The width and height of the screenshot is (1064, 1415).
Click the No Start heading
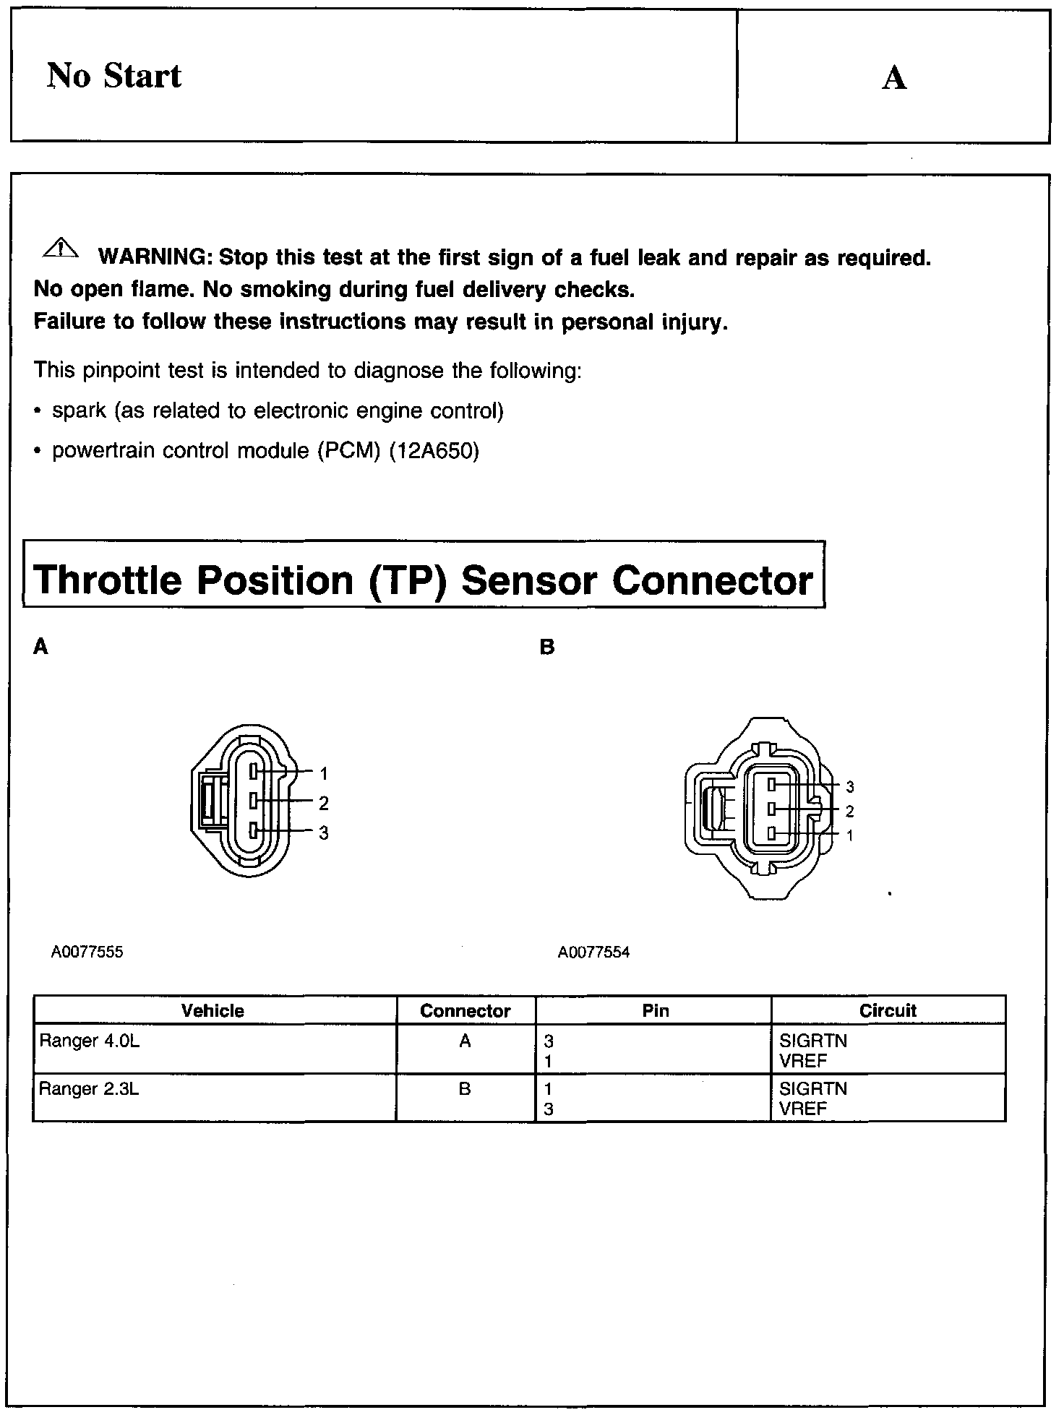click(x=114, y=76)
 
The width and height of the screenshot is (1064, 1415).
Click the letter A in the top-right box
click(x=894, y=78)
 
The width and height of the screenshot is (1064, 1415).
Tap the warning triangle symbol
click(x=61, y=248)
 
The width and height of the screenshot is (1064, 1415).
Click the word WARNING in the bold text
click(x=154, y=258)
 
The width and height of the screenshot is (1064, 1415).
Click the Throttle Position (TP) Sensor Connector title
click(x=424, y=580)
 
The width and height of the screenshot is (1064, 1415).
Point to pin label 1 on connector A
click(x=324, y=774)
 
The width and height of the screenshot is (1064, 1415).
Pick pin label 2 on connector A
click(x=324, y=803)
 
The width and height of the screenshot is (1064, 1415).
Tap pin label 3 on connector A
click(x=324, y=833)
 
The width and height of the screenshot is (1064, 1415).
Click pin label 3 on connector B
click(x=850, y=787)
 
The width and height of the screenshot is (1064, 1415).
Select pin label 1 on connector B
click(x=850, y=835)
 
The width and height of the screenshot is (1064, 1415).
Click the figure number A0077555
click(x=87, y=952)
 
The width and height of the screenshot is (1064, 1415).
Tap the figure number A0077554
click(x=593, y=952)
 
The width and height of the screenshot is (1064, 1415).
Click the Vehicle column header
click(x=213, y=1010)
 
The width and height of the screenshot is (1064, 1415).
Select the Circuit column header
click(x=888, y=1010)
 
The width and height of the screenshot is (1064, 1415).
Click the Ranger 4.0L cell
click(x=88, y=1041)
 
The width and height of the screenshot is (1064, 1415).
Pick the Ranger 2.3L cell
click(x=88, y=1088)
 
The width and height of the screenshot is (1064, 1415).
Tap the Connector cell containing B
click(x=465, y=1088)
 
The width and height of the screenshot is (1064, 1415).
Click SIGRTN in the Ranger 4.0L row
click(x=813, y=1041)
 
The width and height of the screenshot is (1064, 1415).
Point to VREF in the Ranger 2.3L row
click(x=803, y=1109)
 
